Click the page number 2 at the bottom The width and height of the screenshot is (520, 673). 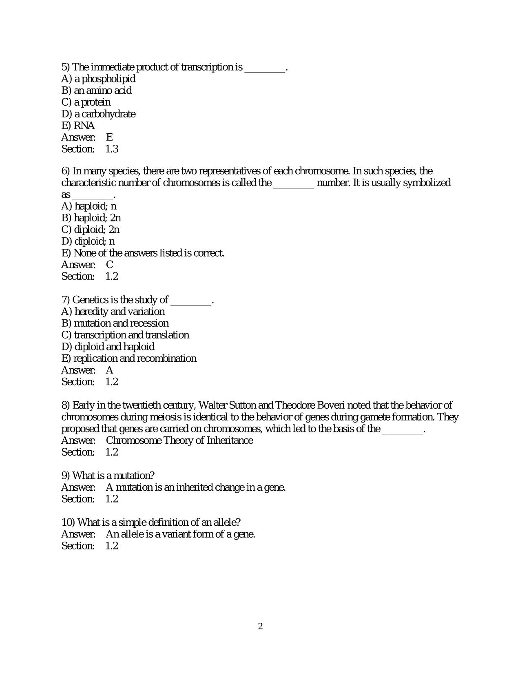tap(260, 626)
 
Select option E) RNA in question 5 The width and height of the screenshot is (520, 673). tap(78, 126)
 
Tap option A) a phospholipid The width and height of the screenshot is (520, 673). tap(98, 79)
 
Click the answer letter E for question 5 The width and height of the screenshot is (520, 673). tap(109, 137)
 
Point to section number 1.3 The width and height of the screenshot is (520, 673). tap(112, 149)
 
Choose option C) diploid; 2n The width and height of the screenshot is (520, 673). tap(90, 230)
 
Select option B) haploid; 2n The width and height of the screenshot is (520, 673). tap(91, 218)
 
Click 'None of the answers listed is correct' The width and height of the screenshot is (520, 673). tap(149, 253)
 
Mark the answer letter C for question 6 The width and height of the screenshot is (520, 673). tap(109, 265)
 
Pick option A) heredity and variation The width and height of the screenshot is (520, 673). tap(113, 312)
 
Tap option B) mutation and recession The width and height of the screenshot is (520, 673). tap(115, 323)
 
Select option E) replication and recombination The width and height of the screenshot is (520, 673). tap(128, 359)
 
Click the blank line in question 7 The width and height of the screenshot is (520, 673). tap(191, 303)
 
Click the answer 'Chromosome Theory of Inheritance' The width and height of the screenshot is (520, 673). tap(179, 441)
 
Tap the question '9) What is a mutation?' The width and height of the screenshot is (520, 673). tap(108, 476)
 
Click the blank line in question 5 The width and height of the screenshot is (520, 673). tap(265, 71)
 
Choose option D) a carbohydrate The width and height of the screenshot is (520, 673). tap(98, 114)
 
